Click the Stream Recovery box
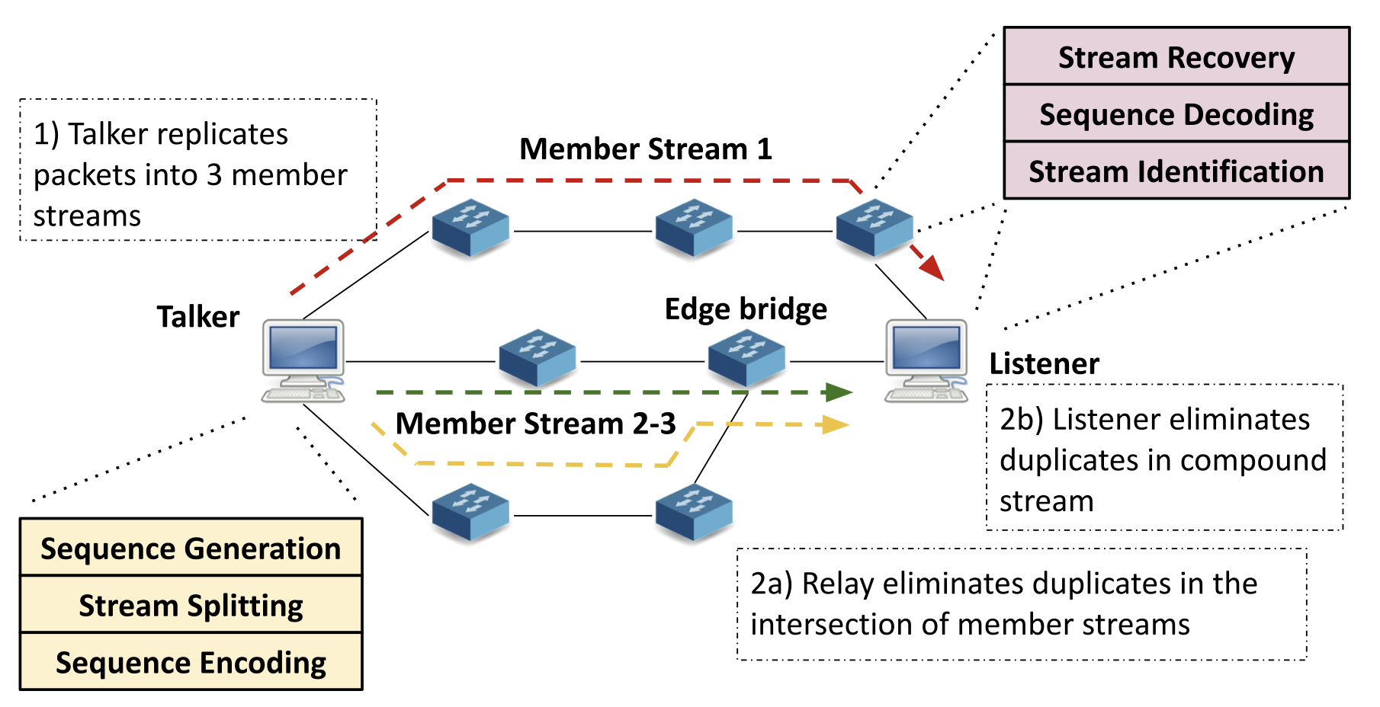coord(1176,57)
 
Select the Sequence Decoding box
coord(1176,114)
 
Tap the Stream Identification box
coord(1176,171)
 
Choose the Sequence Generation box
coord(191,548)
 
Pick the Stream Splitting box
coord(191,605)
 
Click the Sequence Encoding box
coord(191,662)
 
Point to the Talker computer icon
coord(303,360)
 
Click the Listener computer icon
coord(926,360)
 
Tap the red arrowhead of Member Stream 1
coord(932,267)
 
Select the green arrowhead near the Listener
coord(839,392)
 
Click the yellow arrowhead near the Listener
coord(836,424)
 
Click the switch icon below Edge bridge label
coord(746,357)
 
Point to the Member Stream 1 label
coord(646,149)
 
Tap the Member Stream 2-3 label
coord(535,423)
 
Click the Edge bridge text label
coord(746,309)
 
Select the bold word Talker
coord(198,316)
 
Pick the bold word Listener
coord(1044,363)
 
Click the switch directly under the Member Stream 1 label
coord(694,228)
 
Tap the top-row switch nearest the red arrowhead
coord(875,228)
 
